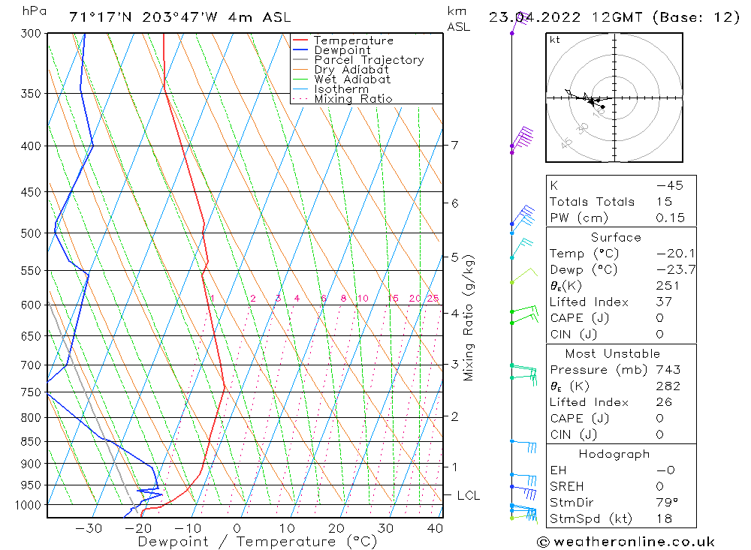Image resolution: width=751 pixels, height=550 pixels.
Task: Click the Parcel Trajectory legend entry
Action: pos(369,60)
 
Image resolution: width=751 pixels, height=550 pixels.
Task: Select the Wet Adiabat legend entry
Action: pos(352,80)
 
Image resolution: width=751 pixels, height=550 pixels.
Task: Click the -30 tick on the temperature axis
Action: pos(89,528)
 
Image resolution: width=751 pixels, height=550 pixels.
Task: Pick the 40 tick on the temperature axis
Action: pos(433,528)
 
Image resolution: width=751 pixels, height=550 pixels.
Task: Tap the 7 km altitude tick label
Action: pos(454,145)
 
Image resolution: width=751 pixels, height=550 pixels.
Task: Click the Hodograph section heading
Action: pos(614,455)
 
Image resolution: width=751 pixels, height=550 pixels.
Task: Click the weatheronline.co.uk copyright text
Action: pos(626,542)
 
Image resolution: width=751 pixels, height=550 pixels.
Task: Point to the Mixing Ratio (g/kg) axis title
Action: pos(469,318)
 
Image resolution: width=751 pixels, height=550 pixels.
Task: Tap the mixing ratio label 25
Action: pos(433,299)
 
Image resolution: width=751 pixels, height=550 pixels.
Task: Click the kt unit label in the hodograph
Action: pos(554,40)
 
